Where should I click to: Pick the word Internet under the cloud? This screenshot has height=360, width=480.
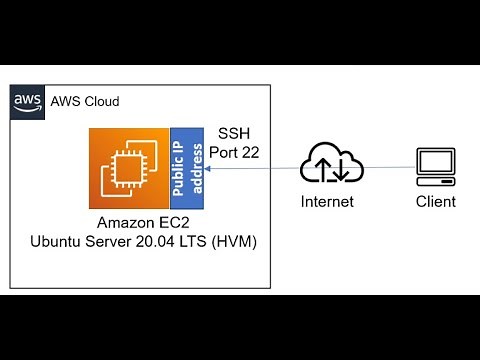click(x=328, y=202)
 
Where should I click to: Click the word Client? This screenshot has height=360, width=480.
click(x=436, y=202)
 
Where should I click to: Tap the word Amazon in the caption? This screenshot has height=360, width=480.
click(x=125, y=222)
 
